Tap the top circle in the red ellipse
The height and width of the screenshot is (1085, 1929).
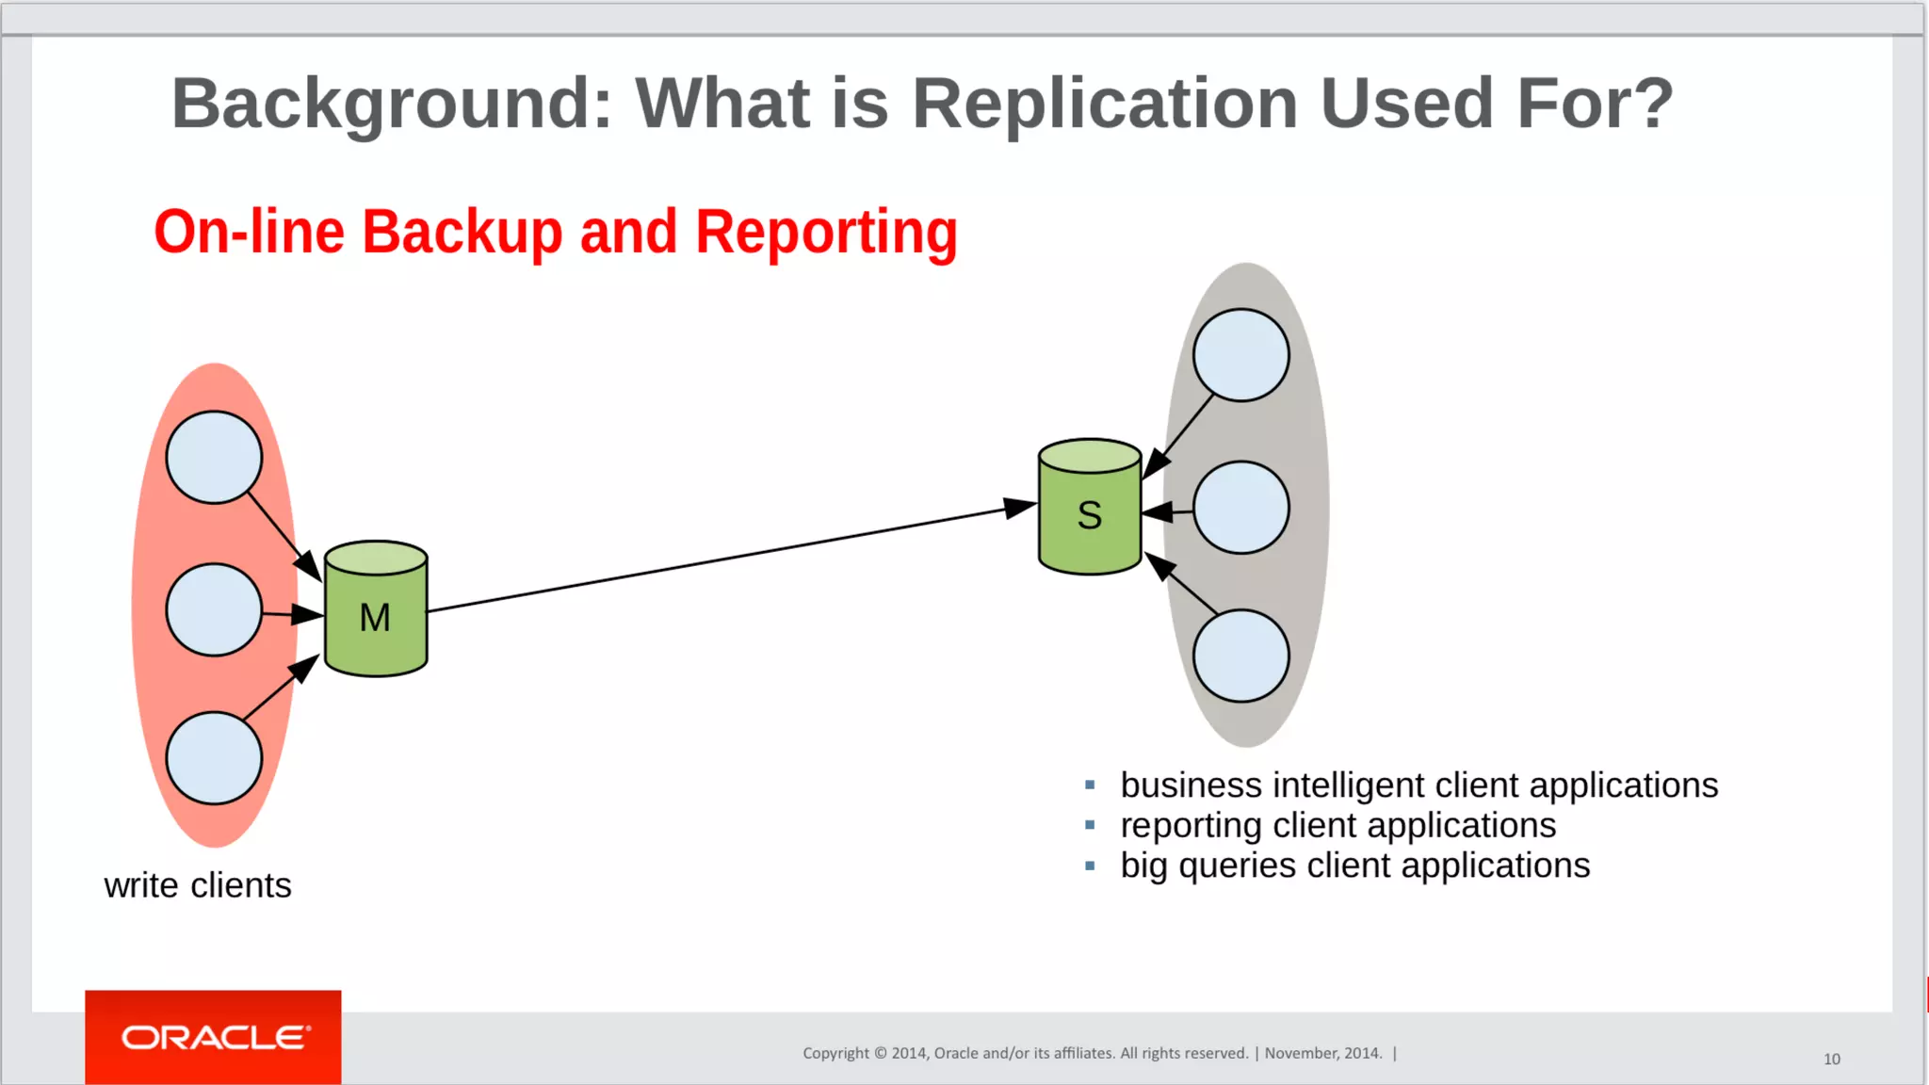214,458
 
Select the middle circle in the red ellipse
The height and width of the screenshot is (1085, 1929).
214,609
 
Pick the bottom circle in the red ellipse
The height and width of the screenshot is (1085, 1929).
214,758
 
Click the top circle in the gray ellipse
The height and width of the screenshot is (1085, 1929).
1240,355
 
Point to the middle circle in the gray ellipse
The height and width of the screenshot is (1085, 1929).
1240,508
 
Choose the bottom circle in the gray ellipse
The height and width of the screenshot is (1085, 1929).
1240,656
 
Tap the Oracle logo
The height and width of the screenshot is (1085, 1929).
214,1037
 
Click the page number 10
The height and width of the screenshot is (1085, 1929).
1831,1059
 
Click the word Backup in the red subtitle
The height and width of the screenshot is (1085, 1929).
462,233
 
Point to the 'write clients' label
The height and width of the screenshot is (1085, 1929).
198,885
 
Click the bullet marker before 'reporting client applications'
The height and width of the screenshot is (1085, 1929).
1090,825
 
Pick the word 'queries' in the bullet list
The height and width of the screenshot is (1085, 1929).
1237,866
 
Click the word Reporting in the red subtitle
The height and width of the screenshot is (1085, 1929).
826,233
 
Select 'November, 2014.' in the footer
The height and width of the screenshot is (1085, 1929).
1323,1053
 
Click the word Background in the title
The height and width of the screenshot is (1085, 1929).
392,104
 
